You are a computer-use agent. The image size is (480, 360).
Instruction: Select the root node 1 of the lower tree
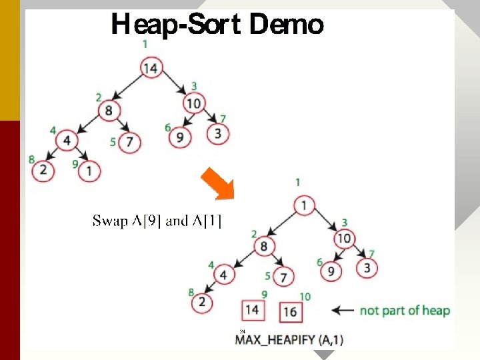tap(304, 205)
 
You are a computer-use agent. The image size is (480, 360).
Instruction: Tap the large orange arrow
tap(218, 183)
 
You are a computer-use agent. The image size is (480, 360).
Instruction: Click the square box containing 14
tap(251, 310)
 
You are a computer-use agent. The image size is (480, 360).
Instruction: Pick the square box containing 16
tap(290, 311)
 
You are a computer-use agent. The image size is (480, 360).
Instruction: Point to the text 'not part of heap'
tap(405, 310)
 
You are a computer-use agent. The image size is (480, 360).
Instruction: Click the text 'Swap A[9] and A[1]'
tap(157, 221)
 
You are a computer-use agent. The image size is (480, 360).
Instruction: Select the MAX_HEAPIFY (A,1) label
tap(289, 339)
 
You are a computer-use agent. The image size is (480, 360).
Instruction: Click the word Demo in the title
tap(286, 25)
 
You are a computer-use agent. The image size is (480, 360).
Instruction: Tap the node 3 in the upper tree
tap(217, 133)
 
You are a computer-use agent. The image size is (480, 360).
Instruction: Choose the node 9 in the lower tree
tap(330, 271)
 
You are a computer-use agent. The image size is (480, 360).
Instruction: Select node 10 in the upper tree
tap(194, 103)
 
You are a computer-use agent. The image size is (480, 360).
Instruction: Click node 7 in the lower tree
tap(284, 276)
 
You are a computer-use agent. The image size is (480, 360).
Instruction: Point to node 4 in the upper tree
tap(67, 141)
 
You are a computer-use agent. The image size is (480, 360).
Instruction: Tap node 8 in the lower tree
tap(264, 246)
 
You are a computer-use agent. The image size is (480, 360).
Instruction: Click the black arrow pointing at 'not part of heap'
tap(343, 310)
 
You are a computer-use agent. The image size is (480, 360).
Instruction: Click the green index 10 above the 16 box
tap(305, 296)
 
